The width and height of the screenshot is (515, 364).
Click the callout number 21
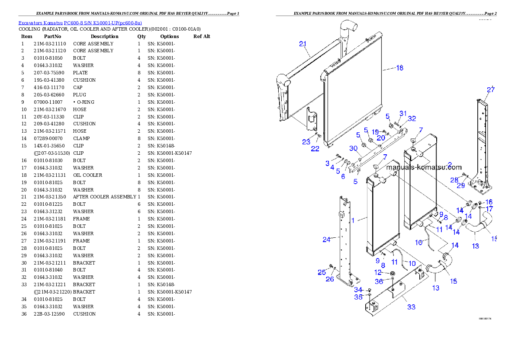[x=303, y=44]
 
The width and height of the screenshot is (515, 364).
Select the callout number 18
[x=399, y=68]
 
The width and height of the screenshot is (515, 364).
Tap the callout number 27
[x=490, y=90]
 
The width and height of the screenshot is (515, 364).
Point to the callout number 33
[x=411, y=307]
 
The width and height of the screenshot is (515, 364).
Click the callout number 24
[x=327, y=239]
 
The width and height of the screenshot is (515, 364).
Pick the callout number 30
[x=353, y=148]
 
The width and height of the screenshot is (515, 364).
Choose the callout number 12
[x=378, y=272]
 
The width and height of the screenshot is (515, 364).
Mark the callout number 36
[x=379, y=281]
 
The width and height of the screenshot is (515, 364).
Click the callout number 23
[x=306, y=142]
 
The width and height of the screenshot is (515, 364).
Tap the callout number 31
[x=403, y=113]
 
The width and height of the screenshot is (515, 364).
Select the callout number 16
[x=489, y=202]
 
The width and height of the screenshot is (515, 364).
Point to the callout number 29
[x=461, y=185]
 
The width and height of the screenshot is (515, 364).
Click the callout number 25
[x=322, y=272]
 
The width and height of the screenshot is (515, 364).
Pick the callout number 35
[x=358, y=297]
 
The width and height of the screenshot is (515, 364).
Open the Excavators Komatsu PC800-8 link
[x=80, y=22]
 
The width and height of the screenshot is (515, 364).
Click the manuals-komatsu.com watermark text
[x=424, y=167]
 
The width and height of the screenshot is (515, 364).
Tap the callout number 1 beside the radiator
[x=353, y=220]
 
